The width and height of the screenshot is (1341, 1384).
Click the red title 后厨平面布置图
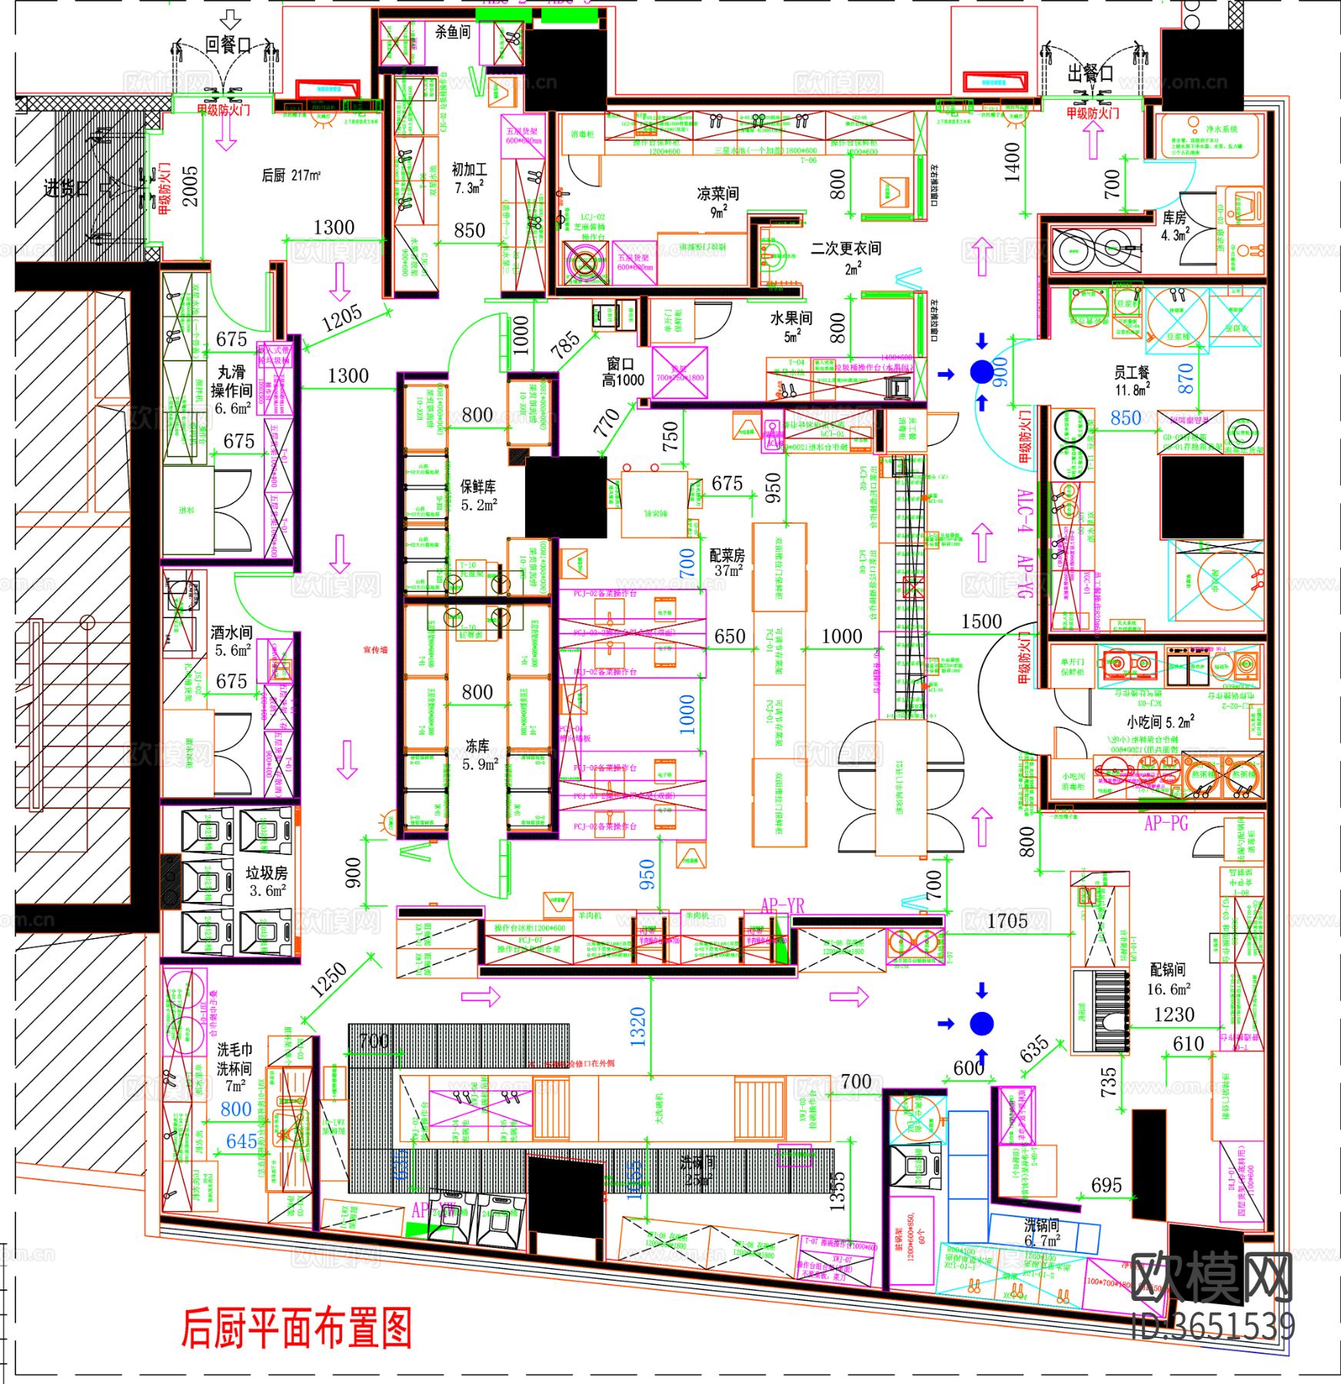point(297,1327)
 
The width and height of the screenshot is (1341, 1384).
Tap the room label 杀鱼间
point(452,32)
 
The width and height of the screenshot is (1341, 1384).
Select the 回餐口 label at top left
point(227,45)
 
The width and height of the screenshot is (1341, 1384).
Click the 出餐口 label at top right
point(1090,73)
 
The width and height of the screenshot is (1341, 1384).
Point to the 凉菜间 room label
point(717,194)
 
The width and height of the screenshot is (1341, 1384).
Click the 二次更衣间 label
point(846,248)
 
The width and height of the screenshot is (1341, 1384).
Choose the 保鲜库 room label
point(478,487)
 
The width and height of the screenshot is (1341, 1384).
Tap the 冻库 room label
point(478,746)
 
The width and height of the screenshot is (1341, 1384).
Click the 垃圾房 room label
point(266,873)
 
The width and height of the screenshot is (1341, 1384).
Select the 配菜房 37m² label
point(727,561)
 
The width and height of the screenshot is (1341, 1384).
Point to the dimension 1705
point(1007,920)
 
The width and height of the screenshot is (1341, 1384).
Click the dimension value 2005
point(189,187)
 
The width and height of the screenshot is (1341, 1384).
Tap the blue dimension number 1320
point(637,1026)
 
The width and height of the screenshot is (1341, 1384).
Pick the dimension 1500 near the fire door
point(981,621)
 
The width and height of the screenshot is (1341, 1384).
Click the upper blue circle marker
point(981,372)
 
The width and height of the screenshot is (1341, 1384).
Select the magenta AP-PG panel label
point(1166,823)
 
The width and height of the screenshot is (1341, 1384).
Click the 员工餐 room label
point(1132,373)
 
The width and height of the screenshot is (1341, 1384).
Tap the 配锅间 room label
point(1167,970)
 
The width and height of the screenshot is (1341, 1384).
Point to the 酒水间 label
point(231,632)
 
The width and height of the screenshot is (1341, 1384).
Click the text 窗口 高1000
point(622,371)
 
